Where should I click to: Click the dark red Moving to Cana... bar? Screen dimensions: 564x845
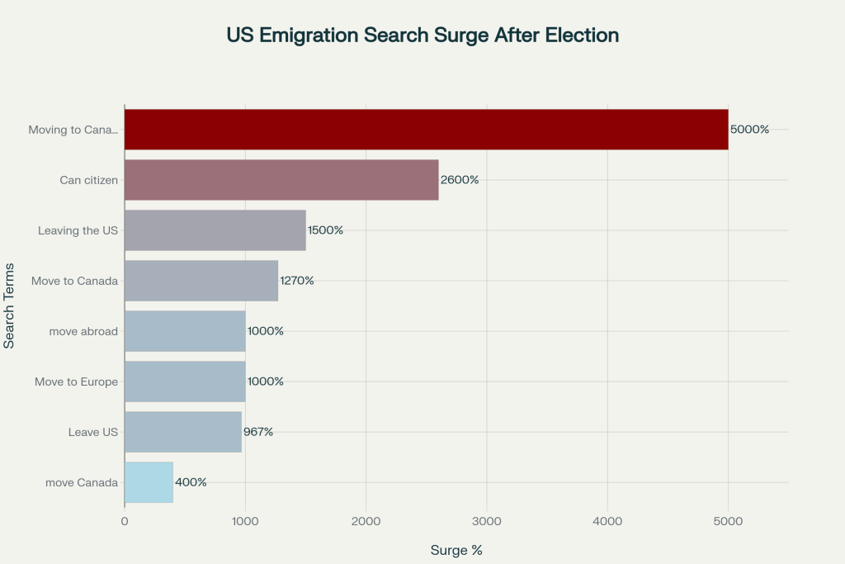pyautogui.click(x=426, y=130)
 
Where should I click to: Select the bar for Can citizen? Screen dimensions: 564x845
pyautogui.click(x=281, y=180)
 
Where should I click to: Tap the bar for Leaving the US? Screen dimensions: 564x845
pyautogui.click(x=215, y=230)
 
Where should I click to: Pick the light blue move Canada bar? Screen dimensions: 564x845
pyautogui.click(x=149, y=482)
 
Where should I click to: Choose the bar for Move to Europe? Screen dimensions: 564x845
pyautogui.click(x=185, y=382)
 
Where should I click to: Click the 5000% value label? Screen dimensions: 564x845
pyautogui.click(x=749, y=130)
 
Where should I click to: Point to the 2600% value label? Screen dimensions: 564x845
pyautogui.click(x=460, y=180)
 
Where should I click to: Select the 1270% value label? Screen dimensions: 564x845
pyautogui.click(x=297, y=281)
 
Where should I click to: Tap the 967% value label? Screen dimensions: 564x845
pyautogui.click(x=258, y=432)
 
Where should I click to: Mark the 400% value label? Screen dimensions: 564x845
pyautogui.click(x=191, y=482)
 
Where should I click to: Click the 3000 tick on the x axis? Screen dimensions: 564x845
pyautogui.click(x=487, y=521)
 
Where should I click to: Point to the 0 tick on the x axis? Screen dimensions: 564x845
pyautogui.click(x=125, y=521)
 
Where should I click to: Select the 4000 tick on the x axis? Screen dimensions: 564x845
pyautogui.click(x=607, y=521)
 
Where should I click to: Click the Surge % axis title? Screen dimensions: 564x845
pyautogui.click(x=456, y=550)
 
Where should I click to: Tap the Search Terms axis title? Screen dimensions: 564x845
pyautogui.click(x=9, y=306)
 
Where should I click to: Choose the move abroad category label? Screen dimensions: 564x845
pyautogui.click(x=84, y=331)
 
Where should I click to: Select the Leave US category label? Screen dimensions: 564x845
pyautogui.click(x=93, y=432)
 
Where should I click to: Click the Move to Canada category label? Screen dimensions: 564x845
pyautogui.click(x=75, y=281)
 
